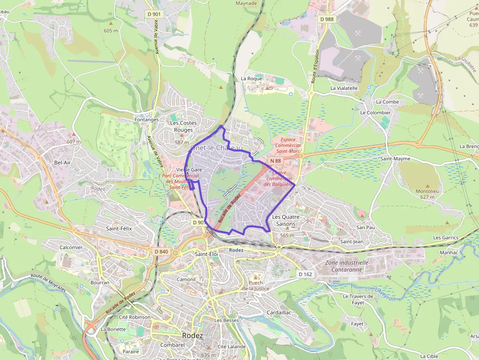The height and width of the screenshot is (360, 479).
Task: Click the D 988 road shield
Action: (x=327, y=19)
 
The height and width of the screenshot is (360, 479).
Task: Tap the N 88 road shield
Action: (x=275, y=161)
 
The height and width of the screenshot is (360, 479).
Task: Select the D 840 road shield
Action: (x=161, y=252)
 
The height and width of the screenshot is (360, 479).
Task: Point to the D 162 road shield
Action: (x=305, y=274)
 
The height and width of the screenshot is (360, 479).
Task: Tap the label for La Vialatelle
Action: (x=344, y=88)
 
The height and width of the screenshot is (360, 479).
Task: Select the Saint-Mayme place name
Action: (x=395, y=159)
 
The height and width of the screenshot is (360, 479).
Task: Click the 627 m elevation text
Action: (x=427, y=197)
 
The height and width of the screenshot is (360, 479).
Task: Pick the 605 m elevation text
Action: (x=111, y=31)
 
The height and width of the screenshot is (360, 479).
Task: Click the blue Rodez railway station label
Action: (x=236, y=250)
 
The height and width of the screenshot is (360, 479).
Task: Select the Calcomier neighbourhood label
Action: (x=71, y=247)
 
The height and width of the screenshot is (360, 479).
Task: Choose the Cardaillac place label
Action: (x=279, y=312)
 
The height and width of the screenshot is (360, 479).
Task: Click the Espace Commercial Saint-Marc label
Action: (x=287, y=145)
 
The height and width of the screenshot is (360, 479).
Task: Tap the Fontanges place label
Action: (x=147, y=120)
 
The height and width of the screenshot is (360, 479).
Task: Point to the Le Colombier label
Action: (x=375, y=112)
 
